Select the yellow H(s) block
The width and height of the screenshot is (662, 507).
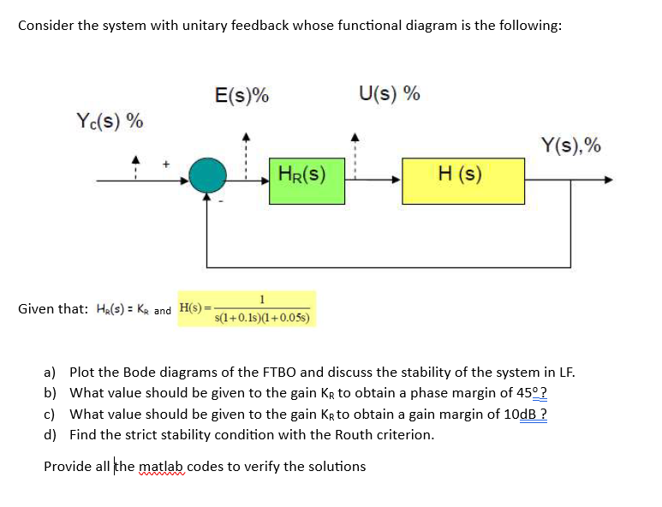[463, 181]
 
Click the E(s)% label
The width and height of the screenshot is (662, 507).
[243, 95]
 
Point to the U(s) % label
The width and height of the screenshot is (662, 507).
[390, 93]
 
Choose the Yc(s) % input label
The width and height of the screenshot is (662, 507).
[109, 120]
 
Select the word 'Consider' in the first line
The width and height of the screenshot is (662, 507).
[46, 25]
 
